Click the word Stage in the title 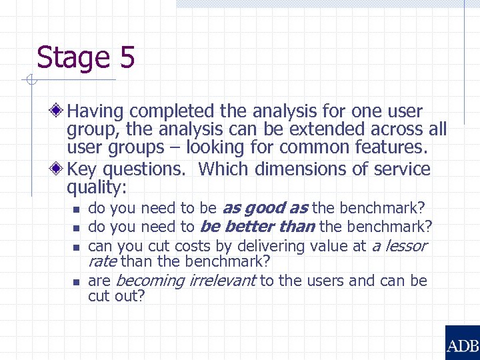[74, 58]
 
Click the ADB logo [462, 345]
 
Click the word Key [82, 169]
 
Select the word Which [223, 169]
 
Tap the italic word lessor [403, 246]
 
